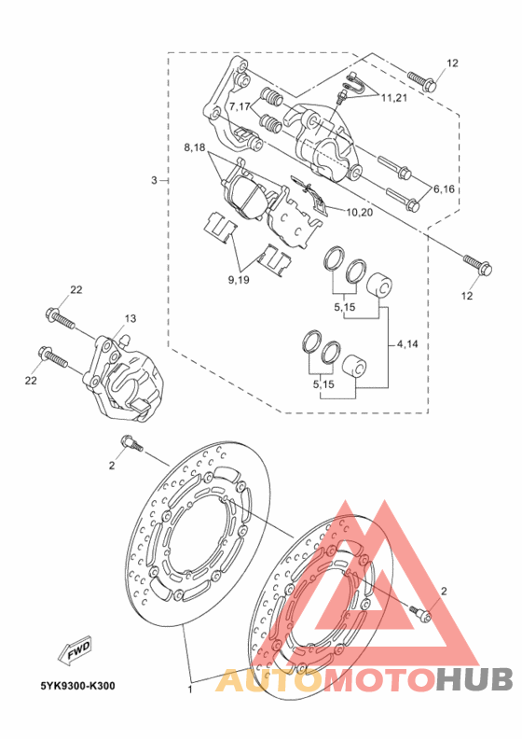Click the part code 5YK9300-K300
77,686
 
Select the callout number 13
130,318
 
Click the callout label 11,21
394,98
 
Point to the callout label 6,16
444,189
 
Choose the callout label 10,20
360,213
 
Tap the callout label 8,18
195,148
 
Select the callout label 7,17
240,106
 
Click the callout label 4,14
407,344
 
